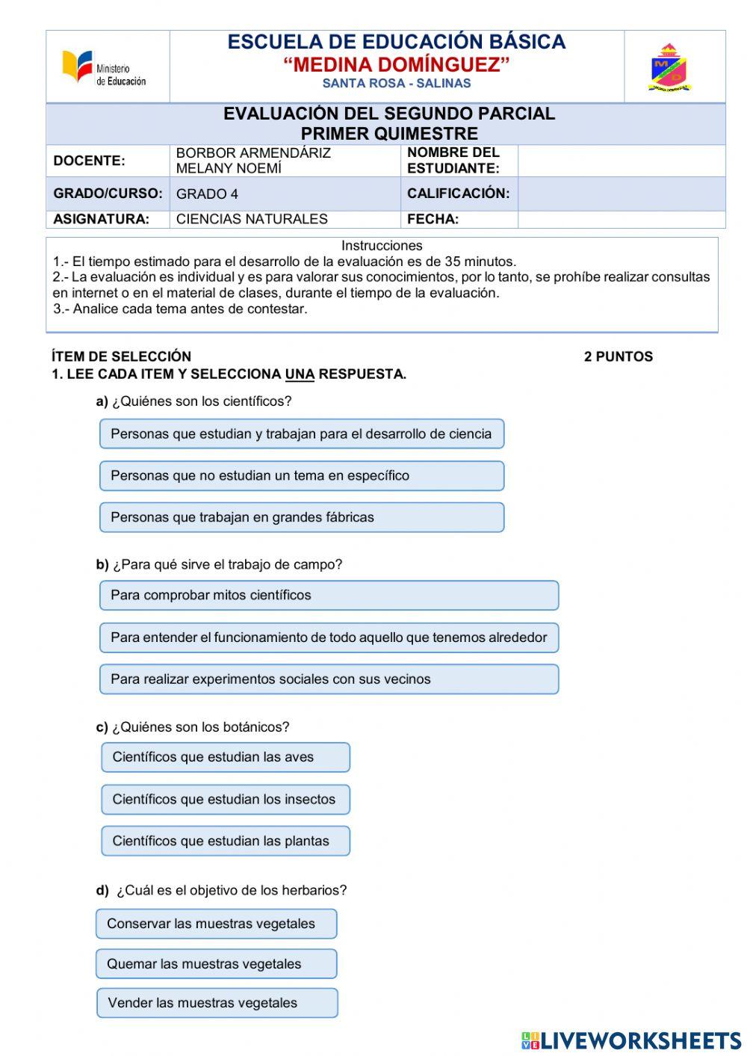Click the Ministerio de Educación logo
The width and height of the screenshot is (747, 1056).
[104, 68]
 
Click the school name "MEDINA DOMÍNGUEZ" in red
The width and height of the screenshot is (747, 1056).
[396, 65]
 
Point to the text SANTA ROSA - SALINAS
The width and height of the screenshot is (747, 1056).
[396, 84]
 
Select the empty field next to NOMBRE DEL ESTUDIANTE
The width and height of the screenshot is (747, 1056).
[621, 161]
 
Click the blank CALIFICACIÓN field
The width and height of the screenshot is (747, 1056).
[621, 194]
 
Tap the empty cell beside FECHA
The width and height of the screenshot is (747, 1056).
[621, 219]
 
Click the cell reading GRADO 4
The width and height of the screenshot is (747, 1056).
[208, 194]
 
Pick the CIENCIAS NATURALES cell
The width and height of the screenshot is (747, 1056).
[252, 219]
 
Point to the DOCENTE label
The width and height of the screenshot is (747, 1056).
[89, 161]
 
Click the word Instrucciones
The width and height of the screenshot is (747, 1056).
[382, 246]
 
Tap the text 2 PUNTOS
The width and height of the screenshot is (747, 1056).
[618, 356]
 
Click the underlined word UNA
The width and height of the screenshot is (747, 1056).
[300, 374]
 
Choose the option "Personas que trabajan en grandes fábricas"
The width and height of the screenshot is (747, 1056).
[302, 517]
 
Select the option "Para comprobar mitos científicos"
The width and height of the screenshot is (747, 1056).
[329, 596]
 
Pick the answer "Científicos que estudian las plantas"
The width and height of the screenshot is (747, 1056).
[226, 841]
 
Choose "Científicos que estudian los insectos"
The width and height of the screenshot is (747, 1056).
[226, 799]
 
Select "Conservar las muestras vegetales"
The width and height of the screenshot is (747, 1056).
[216, 924]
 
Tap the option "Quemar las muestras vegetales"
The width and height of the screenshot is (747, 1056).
[216, 964]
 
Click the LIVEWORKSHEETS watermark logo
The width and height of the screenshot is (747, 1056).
[631, 1041]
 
